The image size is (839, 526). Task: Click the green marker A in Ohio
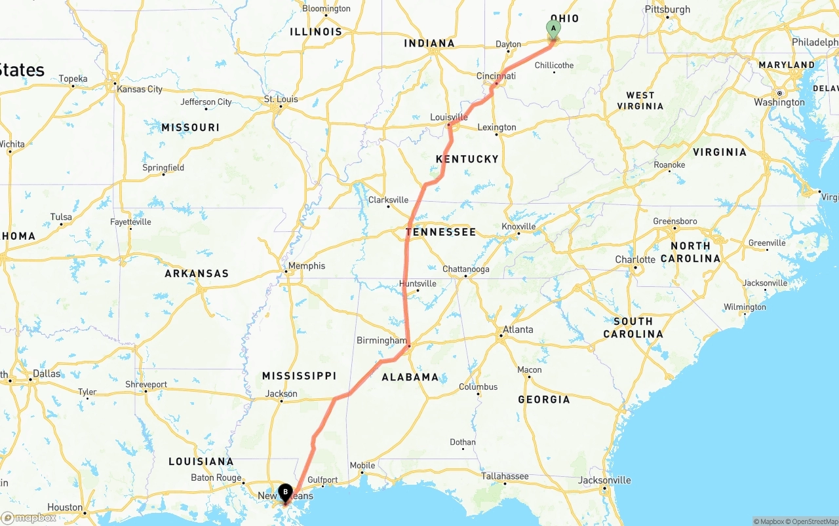point(553,29)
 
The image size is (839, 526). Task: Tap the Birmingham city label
point(381,341)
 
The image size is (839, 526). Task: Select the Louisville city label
point(449,117)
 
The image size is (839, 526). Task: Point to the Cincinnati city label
point(496,76)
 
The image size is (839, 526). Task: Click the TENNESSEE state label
point(440,232)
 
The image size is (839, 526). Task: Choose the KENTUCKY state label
point(467,159)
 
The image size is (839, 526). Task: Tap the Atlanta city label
point(518,329)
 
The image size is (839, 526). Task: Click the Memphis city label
point(306,266)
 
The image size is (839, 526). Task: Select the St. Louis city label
point(281,100)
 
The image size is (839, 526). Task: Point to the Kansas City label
point(140,89)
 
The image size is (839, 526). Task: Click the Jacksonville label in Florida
point(604,480)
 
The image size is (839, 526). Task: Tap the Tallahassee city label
point(505,476)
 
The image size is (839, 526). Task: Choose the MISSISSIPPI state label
point(299,376)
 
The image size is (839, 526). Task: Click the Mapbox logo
point(29,518)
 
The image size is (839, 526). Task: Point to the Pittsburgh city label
point(667,9)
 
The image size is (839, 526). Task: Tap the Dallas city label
point(47,374)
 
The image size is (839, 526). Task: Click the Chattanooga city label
point(465,269)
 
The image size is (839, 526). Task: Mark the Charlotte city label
point(634,259)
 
